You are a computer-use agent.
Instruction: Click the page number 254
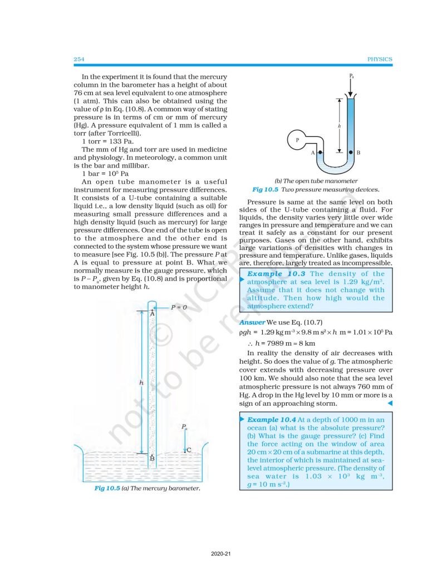[78, 59]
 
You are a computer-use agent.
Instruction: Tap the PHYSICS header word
[380, 59]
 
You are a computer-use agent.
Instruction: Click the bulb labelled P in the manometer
[297, 140]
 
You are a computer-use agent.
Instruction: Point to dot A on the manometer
[320, 151]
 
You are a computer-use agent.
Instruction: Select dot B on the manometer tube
[350, 151]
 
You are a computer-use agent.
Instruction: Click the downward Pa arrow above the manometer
[350, 86]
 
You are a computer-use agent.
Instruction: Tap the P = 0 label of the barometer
[178, 307]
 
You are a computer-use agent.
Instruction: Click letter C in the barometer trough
[190, 450]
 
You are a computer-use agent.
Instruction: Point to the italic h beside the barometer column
[141, 383]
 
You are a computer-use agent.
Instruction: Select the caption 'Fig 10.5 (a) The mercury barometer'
[147, 488]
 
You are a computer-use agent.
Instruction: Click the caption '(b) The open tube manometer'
[316, 180]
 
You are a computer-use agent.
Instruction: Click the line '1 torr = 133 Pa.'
[107, 141]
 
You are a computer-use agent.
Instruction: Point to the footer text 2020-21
[221, 554]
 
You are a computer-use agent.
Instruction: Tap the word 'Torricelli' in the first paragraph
[121, 133]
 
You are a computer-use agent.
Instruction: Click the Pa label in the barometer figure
[184, 427]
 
